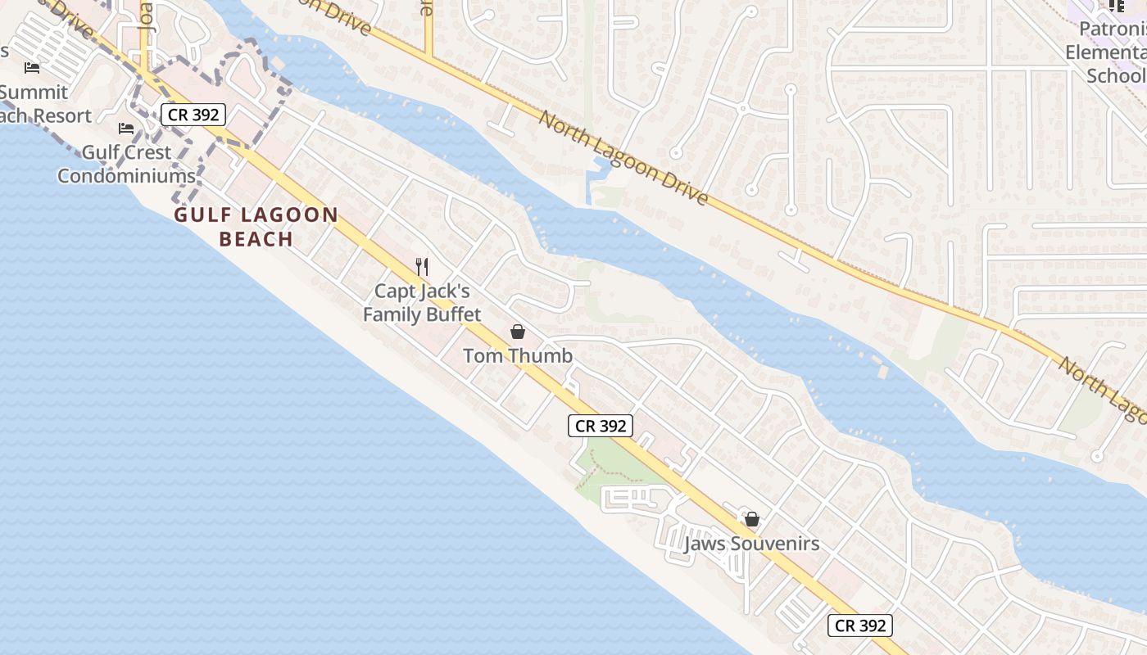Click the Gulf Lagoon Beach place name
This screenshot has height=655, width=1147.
click(x=256, y=227)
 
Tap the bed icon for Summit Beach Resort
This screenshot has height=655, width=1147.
click(x=32, y=67)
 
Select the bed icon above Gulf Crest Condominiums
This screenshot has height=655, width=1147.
click(x=126, y=129)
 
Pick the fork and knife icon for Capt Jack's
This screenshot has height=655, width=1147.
click(x=422, y=266)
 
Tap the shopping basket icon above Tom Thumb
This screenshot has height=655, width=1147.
click(x=518, y=332)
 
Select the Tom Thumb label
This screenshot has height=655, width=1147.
click(x=518, y=355)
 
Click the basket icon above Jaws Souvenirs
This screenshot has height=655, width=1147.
click(x=751, y=519)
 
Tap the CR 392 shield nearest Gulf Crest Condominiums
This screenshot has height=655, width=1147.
click(x=193, y=115)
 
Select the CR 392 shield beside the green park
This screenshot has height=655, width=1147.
click(x=601, y=426)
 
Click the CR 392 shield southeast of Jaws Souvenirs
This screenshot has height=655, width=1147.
click(x=859, y=626)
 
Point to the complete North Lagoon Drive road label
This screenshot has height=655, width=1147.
click(x=623, y=157)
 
